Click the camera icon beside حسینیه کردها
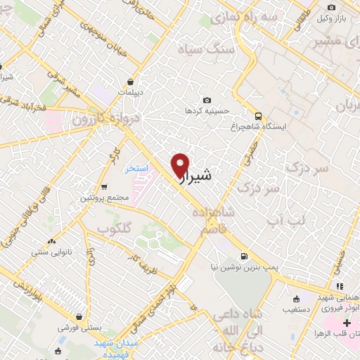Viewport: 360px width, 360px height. (207, 101)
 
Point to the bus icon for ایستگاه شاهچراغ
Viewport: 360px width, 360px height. (258, 116)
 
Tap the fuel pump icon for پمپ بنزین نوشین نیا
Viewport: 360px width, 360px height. (243, 256)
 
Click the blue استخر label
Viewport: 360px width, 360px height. (136, 169)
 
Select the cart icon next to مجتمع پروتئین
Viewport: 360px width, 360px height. (105, 187)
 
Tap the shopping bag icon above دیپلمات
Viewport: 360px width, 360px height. (131, 82)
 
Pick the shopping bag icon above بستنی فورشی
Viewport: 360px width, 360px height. (80, 316)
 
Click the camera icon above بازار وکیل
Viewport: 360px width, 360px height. (331, 8)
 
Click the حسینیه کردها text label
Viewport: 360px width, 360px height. (207, 112)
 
